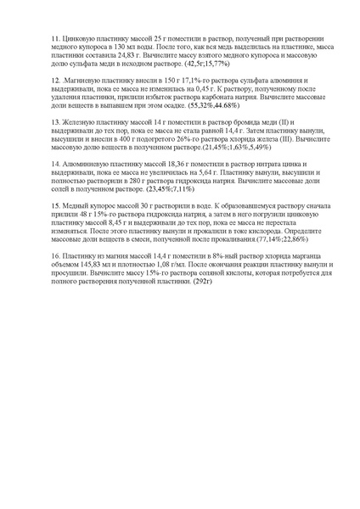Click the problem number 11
(x=55, y=40)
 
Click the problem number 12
(x=55, y=76)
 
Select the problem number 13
(x=55, y=121)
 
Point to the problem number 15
(x=55, y=206)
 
